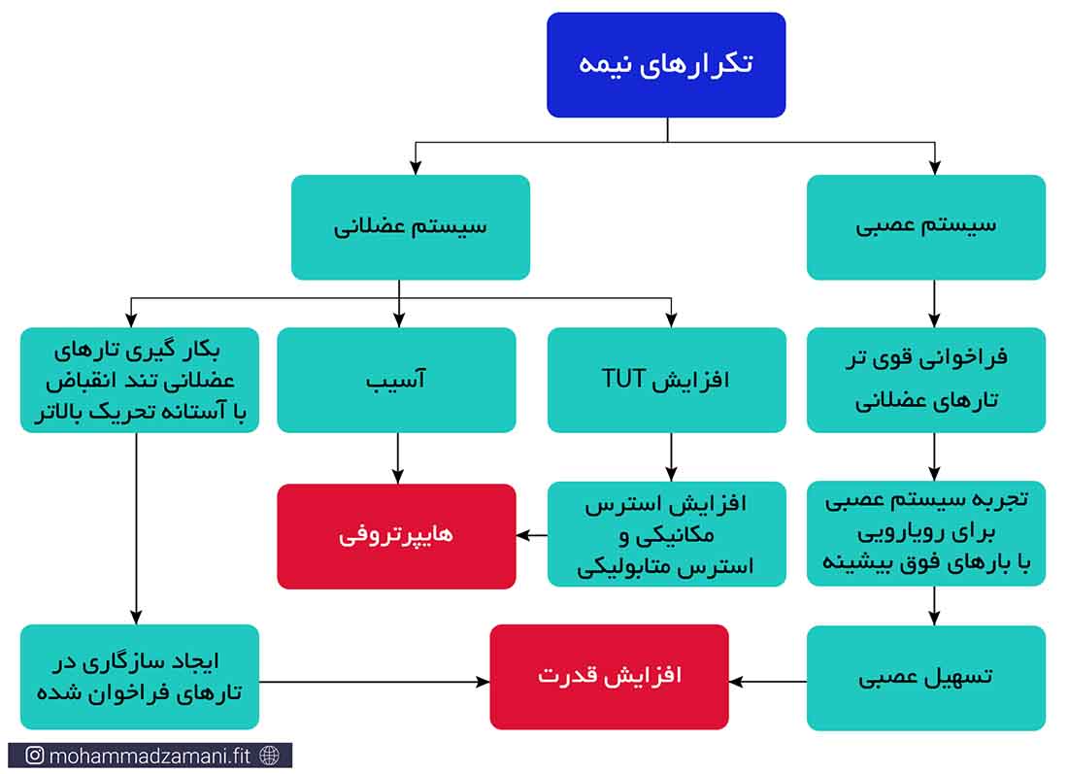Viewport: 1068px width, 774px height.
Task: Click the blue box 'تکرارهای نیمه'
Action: [x=666, y=65]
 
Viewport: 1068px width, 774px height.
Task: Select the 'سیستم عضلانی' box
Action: [x=411, y=227]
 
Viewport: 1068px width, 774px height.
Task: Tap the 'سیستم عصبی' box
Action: [x=926, y=227]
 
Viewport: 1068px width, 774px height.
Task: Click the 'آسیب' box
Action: [x=396, y=380]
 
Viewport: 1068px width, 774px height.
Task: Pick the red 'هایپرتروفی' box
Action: [x=396, y=536]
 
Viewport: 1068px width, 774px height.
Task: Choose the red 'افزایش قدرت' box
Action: [x=610, y=677]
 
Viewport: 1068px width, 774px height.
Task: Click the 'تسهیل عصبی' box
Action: [x=926, y=678]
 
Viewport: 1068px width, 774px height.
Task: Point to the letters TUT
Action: [x=624, y=379]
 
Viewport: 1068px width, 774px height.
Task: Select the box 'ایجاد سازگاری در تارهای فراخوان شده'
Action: [x=140, y=677]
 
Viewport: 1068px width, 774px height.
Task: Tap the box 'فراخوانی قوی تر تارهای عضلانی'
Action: [x=926, y=380]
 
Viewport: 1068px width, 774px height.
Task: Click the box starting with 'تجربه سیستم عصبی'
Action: [x=926, y=533]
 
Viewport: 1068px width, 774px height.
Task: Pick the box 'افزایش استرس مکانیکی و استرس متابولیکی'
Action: [x=667, y=533]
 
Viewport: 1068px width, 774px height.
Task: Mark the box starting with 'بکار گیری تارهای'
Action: [x=140, y=380]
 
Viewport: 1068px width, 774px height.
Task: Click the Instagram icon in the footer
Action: [x=35, y=755]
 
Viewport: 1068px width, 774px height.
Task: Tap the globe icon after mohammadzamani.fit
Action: [x=270, y=755]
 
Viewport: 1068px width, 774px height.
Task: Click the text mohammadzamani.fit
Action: [x=150, y=756]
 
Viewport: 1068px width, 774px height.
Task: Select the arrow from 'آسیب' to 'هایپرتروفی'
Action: [x=398, y=457]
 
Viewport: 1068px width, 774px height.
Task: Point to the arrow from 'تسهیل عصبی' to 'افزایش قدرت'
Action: [x=768, y=681]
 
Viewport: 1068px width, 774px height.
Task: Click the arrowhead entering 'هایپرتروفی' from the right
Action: [x=522, y=535]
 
